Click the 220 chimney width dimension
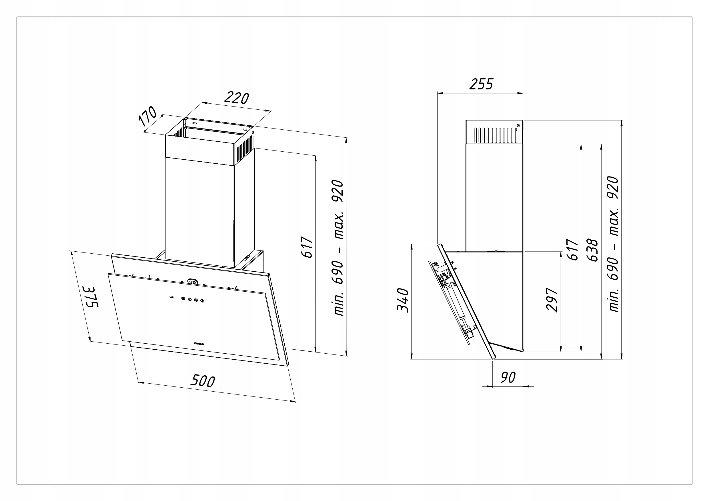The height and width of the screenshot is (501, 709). click(237, 98)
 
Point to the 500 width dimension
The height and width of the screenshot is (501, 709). click(203, 381)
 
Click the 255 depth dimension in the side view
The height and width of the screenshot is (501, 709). click(481, 84)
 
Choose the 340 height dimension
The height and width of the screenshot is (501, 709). click(403, 301)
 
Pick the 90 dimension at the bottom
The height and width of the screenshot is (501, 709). click(508, 377)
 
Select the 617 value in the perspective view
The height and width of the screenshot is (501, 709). click(307, 247)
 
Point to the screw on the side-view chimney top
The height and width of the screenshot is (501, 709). click(518, 125)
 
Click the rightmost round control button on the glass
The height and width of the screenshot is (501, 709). click(202, 300)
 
